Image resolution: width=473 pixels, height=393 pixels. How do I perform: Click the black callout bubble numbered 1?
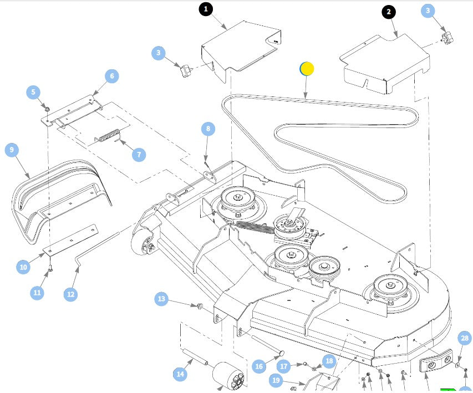(x=206, y=9)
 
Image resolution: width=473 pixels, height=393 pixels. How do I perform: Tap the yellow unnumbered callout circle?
(x=307, y=69)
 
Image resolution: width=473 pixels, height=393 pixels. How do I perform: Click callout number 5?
(x=34, y=91)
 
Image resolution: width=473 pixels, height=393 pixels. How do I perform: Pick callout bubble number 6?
(x=111, y=75)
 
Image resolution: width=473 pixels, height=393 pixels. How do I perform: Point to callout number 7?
(x=138, y=154)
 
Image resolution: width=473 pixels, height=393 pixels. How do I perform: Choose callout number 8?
(x=208, y=129)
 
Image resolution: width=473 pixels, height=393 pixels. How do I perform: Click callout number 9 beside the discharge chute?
(x=13, y=150)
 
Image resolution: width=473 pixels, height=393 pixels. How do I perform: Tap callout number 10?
(x=23, y=267)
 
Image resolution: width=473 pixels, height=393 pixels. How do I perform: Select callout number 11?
(x=37, y=292)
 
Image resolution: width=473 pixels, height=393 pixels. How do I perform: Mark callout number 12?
(x=70, y=294)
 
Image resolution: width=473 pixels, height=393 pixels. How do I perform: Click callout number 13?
(x=161, y=299)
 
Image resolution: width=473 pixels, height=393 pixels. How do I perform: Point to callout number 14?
(x=180, y=375)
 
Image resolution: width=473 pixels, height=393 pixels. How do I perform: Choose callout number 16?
(x=259, y=366)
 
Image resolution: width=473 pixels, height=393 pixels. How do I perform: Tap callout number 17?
(x=284, y=366)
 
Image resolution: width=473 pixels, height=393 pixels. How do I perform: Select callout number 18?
(x=329, y=361)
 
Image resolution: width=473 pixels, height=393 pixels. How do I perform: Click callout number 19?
(x=277, y=380)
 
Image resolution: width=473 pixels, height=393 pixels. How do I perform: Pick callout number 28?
(x=465, y=338)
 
